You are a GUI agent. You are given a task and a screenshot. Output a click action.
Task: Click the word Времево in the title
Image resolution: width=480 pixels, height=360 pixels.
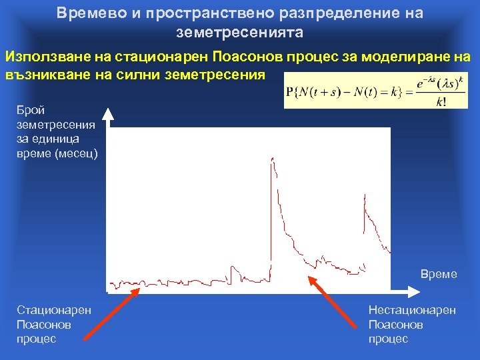(84, 13)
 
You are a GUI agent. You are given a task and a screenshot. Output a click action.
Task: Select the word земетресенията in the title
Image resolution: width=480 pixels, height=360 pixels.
(239, 31)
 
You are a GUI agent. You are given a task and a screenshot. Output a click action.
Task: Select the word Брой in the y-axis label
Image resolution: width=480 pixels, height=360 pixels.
(31, 109)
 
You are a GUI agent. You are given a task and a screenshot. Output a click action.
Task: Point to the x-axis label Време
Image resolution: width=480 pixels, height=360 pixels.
(439, 274)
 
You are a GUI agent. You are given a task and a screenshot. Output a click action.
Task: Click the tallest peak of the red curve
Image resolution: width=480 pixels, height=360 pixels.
(272, 158)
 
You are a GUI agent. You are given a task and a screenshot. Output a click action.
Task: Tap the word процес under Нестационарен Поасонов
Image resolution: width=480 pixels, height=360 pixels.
(388, 339)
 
